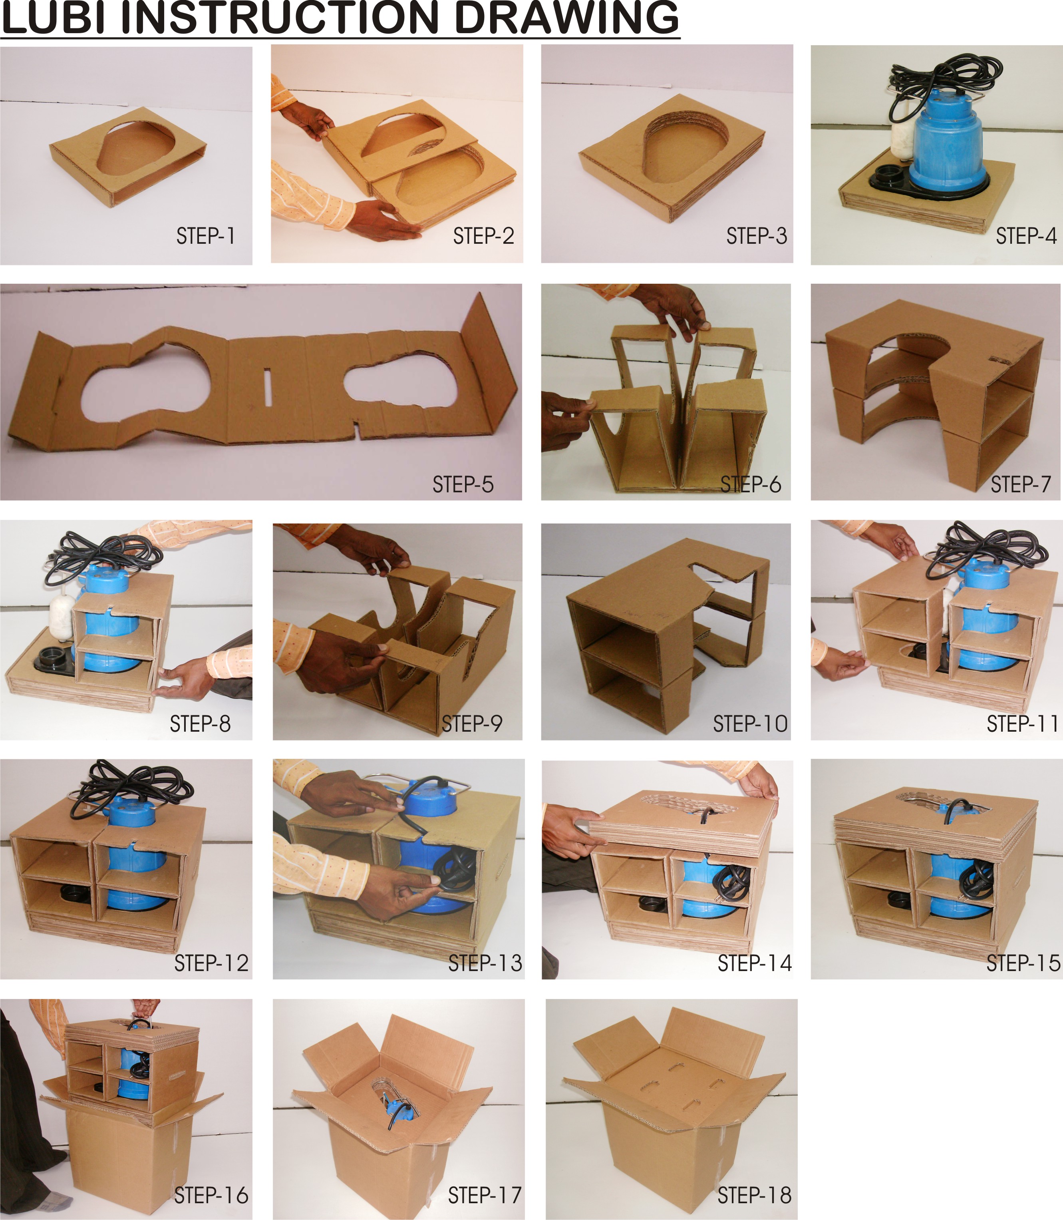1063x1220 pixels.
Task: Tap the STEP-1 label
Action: pos(205,236)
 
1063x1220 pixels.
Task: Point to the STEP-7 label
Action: pos(1021,484)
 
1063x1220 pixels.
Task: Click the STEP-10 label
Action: pos(750,724)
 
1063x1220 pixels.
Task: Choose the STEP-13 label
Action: pos(485,963)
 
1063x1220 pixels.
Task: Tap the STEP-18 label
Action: pos(755,1195)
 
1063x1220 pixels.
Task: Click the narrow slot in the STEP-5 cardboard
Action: pos(268,388)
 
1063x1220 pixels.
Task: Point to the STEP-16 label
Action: pos(211,1195)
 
